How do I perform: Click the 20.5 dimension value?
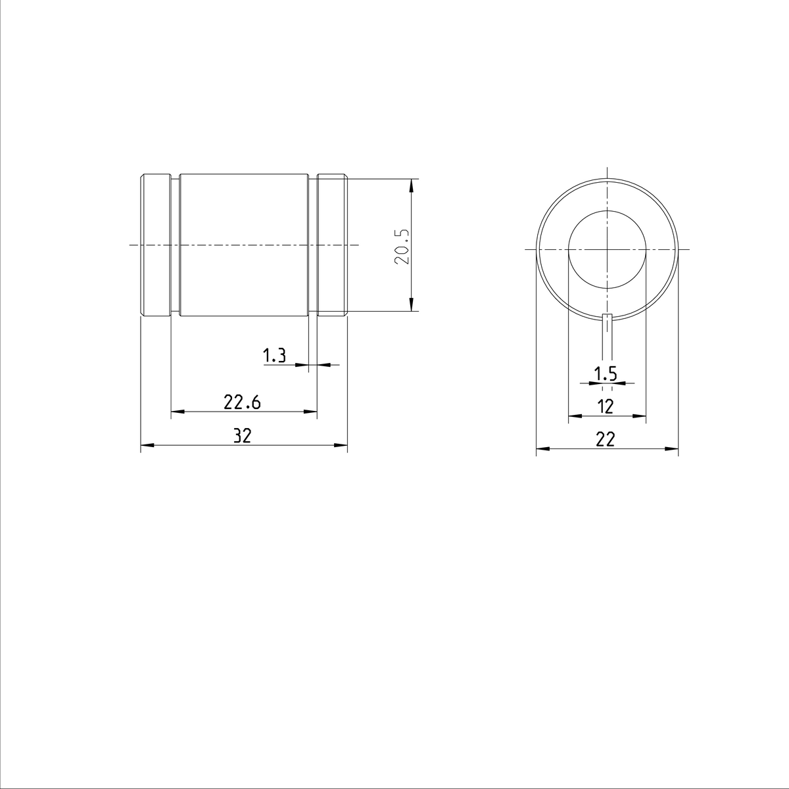[402, 247]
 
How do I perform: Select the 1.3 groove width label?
[274, 356]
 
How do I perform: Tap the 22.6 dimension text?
[242, 402]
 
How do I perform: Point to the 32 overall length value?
[243, 436]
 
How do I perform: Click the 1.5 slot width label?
[606, 374]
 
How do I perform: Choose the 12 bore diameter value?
[606, 406]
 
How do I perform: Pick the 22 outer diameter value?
[606, 440]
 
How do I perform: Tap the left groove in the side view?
[176, 245]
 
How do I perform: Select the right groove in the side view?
[312, 245]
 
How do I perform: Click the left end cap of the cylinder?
[156, 245]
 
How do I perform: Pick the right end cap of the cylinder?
[332, 245]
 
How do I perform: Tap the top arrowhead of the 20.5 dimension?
[412, 185]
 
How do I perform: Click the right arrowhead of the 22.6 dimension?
[311, 412]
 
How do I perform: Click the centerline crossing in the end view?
[608, 249]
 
